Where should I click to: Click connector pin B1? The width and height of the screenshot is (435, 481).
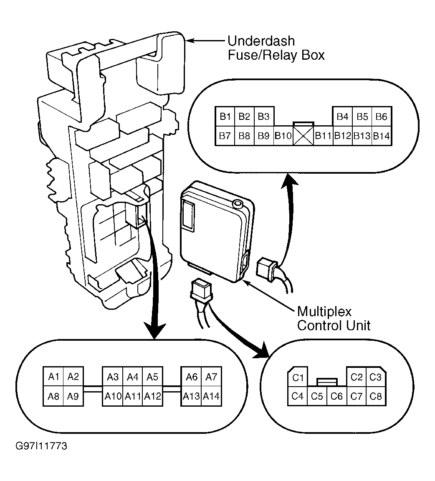pyautogui.click(x=225, y=116)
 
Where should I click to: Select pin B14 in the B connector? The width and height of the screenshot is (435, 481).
pyautogui.click(x=382, y=136)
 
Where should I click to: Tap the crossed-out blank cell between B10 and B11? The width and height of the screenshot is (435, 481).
pyautogui.click(x=303, y=136)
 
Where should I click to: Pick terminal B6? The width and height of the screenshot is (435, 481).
pyautogui.click(x=382, y=116)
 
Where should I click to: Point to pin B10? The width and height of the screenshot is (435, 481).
pyautogui.click(x=283, y=136)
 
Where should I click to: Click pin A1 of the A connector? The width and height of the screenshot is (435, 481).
pyautogui.click(x=53, y=376)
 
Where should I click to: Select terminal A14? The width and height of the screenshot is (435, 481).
pyautogui.click(x=211, y=396)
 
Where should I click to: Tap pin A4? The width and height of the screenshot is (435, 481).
pyautogui.click(x=132, y=376)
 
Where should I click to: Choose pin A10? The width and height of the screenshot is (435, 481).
pyautogui.click(x=113, y=396)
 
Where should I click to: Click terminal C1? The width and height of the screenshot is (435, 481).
pyautogui.click(x=298, y=377)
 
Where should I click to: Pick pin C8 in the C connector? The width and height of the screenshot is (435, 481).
pyautogui.click(x=376, y=396)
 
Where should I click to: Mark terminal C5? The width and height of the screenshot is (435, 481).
pyautogui.click(x=317, y=396)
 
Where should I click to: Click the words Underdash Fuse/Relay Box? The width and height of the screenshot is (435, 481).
pyautogui.click(x=276, y=48)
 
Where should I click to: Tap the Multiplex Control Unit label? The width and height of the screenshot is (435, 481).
pyautogui.click(x=334, y=319)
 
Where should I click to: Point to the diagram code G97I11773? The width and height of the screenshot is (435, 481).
pyautogui.click(x=41, y=446)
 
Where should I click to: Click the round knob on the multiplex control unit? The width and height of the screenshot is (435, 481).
pyautogui.click(x=238, y=204)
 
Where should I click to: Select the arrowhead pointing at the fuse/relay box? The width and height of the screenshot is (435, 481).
pyautogui.click(x=190, y=41)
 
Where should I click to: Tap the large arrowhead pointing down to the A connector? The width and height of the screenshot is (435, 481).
pyautogui.click(x=155, y=331)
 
